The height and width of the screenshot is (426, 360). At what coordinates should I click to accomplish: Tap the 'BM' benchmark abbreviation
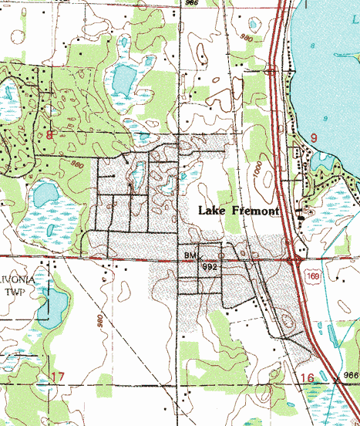[190, 254]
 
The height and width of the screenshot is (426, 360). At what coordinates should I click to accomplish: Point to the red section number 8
[50, 137]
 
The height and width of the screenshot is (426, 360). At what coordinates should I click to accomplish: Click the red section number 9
[314, 137]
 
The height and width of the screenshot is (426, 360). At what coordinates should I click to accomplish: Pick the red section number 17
[56, 377]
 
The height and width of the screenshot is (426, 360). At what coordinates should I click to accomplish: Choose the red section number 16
[307, 377]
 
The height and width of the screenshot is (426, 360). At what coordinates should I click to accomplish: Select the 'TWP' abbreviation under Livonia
[15, 292]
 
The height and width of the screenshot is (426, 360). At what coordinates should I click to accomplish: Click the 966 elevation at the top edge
[190, 4]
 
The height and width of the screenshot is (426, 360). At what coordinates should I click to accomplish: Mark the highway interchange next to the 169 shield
[295, 261]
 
